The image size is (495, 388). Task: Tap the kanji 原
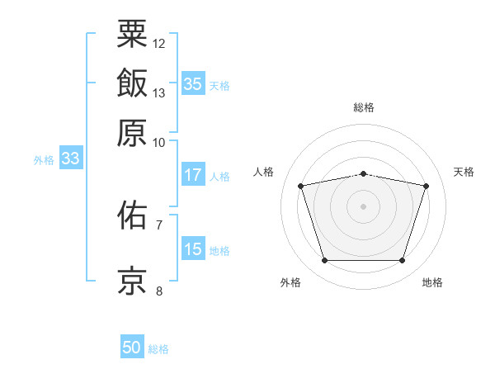[133, 132]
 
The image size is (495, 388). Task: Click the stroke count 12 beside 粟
[159, 43]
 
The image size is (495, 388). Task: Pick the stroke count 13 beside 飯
[159, 92]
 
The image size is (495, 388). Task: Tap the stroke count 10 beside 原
[159, 142]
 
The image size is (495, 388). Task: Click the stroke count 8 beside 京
[159, 291]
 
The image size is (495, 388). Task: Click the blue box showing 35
[192, 83]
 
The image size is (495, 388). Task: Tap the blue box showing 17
[192, 175]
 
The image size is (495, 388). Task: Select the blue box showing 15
[192, 249]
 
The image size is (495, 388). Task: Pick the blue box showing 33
[69, 159]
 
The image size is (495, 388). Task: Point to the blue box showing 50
[131, 348]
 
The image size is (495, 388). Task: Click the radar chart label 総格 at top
[363, 107]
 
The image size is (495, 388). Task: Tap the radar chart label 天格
[464, 172]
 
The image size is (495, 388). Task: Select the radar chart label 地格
[432, 283]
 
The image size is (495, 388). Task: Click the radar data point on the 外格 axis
[324, 261]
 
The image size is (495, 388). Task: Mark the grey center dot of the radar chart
[363, 206]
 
